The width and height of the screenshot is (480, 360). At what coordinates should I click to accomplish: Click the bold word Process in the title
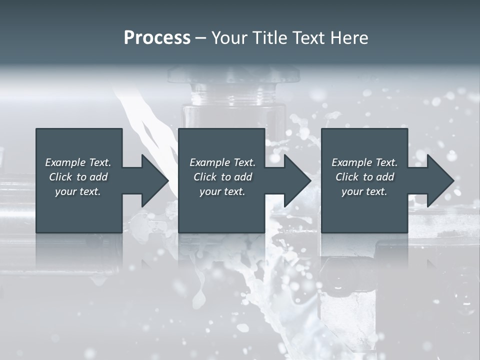click(x=157, y=38)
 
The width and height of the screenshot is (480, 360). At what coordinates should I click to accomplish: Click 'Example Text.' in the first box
click(x=78, y=162)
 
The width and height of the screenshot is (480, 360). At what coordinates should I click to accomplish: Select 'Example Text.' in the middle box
click(x=222, y=162)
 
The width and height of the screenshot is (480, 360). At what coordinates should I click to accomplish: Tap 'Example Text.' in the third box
click(x=364, y=162)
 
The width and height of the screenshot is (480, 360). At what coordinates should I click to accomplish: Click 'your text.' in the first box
click(x=78, y=191)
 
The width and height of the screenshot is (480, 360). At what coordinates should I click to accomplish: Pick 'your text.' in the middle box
click(x=222, y=191)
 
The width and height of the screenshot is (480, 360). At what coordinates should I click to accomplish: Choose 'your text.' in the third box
click(x=364, y=191)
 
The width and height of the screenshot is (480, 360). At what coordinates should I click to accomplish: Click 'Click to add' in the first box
click(x=78, y=177)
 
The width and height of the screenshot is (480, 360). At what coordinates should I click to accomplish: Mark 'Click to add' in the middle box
click(x=222, y=177)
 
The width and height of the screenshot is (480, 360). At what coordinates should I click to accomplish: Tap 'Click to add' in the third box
click(x=364, y=177)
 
